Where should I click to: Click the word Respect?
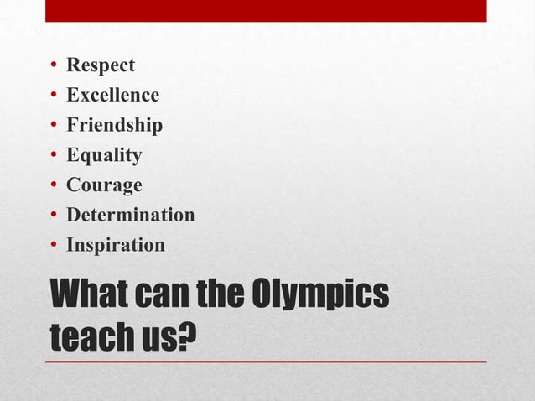pos(101,65)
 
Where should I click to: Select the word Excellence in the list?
pos(112,96)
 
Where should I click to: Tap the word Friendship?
pos(114,126)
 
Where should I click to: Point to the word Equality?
pos(104,155)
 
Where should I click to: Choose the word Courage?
pos(104,185)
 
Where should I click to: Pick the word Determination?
pos(130,215)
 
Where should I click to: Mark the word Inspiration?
pos(116,245)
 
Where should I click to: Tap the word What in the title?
pos(91,294)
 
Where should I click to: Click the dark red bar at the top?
pos(266,10)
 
